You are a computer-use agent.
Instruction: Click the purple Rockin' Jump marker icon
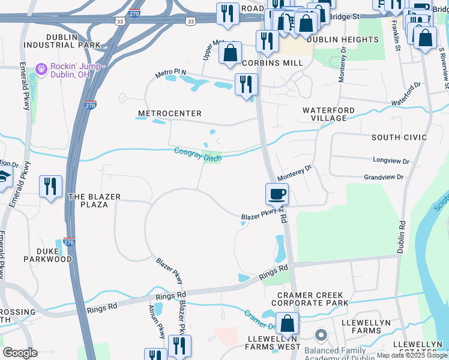41,70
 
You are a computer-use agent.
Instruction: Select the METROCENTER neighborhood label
170,113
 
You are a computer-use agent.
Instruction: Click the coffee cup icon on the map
277,194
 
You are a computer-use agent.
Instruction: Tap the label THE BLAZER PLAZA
95,200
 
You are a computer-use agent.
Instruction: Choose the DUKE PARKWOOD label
47,255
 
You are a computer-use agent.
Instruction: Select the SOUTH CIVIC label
399,137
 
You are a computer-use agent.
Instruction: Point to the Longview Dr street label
391,161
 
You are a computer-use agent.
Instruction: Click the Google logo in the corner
20,353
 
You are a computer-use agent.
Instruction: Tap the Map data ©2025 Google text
412,356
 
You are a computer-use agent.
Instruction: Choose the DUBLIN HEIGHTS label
343,40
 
